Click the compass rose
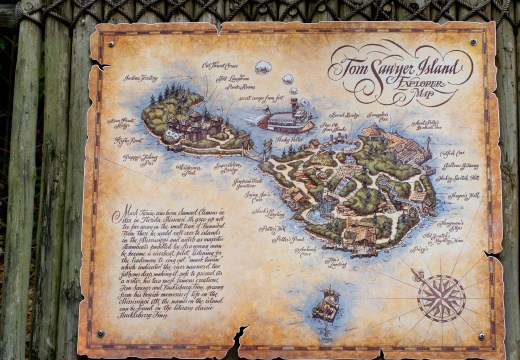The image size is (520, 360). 441,297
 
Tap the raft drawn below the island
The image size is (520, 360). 326,303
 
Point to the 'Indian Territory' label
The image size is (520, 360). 141,78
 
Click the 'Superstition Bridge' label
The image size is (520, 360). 227,167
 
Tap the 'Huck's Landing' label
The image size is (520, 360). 268,212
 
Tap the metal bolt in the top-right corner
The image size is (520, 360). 473,41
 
